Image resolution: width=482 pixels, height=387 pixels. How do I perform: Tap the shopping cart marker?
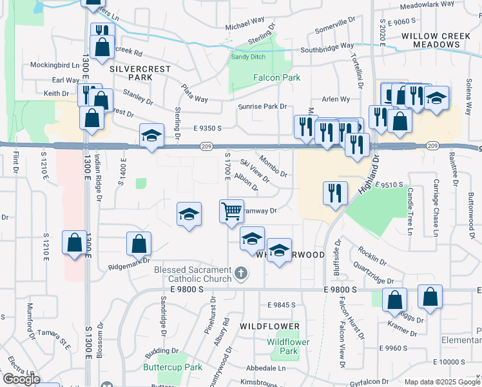(231, 211)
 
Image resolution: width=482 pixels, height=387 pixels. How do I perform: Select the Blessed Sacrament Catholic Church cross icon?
(241, 273)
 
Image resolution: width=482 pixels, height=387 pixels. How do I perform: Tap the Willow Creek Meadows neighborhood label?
(430, 41)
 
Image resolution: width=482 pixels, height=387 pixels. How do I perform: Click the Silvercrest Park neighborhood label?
(131, 72)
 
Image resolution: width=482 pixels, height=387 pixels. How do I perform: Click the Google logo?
(21, 379)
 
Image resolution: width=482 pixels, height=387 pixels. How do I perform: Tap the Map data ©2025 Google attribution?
(442, 382)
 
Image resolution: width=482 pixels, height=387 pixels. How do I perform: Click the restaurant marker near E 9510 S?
(335, 193)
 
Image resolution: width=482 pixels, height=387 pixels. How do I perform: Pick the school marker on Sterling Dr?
(151, 135)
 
